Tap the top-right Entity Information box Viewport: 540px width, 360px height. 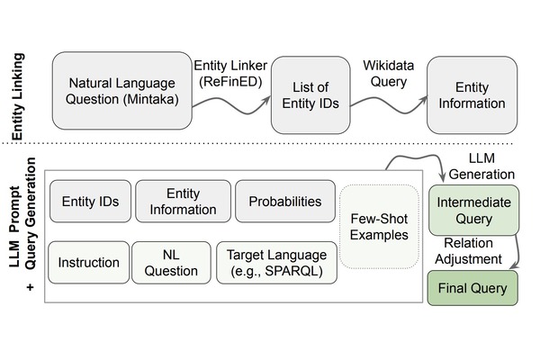click(x=472, y=94)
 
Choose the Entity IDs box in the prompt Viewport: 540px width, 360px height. click(x=90, y=202)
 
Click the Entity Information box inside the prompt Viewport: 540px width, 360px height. click(x=184, y=202)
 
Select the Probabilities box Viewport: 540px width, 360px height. click(x=283, y=202)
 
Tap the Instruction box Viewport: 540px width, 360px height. click(x=88, y=263)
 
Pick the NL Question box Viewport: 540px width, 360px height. click(x=171, y=263)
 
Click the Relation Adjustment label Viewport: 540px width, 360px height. click(x=468, y=251)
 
